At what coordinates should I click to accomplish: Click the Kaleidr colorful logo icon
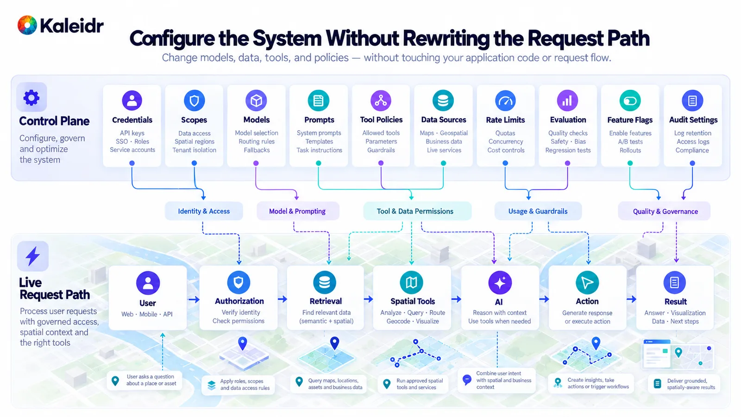(27, 25)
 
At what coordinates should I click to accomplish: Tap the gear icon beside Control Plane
(31, 97)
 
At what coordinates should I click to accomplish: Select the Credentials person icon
(132, 100)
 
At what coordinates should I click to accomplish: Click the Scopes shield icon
(194, 100)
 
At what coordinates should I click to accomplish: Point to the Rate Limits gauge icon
(505, 101)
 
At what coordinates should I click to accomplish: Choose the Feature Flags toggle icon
(630, 101)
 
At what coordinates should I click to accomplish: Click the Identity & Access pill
(204, 211)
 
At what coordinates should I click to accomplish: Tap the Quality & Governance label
(665, 211)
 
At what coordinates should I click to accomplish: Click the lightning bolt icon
(33, 256)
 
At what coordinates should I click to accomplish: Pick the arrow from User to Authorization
(194, 299)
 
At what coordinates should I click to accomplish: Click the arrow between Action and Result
(631, 299)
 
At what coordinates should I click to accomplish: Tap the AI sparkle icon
(500, 283)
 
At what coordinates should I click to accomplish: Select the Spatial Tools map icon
(411, 282)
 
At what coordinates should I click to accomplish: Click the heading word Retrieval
(326, 301)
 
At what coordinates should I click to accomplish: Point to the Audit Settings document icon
(692, 101)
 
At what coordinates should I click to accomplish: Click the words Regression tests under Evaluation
(568, 150)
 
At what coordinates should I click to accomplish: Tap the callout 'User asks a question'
(144, 380)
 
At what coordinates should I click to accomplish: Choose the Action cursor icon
(587, 283)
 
